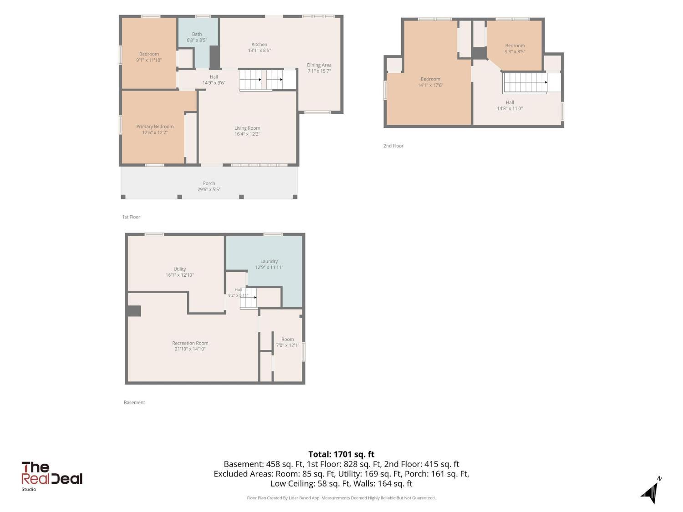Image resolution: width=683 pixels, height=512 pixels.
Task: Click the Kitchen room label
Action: [259, 45]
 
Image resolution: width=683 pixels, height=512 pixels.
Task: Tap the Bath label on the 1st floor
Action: [197, 34]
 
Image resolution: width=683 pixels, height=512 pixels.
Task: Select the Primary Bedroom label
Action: [155, 127]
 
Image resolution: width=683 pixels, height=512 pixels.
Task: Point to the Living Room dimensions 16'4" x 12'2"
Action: [247, 134]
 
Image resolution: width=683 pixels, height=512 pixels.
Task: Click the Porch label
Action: [209, 183]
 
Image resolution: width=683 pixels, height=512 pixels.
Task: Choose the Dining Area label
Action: [319, 65]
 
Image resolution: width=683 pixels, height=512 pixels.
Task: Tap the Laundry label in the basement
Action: [269, 261]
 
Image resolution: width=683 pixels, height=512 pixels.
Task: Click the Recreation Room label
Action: [190, 343]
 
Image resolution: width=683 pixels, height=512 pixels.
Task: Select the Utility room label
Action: [179, 269]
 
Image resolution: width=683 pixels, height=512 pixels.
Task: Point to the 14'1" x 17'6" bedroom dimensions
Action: [430, 85]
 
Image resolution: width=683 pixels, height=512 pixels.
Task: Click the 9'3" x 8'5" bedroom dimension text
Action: [515, 51]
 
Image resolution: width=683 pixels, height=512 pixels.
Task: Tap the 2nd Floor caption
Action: [393, 146]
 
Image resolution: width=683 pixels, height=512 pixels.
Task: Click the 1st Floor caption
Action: [131, 217]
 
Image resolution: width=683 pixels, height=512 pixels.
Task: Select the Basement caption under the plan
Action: [134, 402]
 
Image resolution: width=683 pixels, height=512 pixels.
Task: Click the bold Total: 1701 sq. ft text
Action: [341, 454]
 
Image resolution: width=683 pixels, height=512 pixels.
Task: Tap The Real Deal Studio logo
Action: [51, 476]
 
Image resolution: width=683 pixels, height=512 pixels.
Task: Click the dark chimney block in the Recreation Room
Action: [134, 311]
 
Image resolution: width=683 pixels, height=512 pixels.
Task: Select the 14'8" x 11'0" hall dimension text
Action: [510, 108]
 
